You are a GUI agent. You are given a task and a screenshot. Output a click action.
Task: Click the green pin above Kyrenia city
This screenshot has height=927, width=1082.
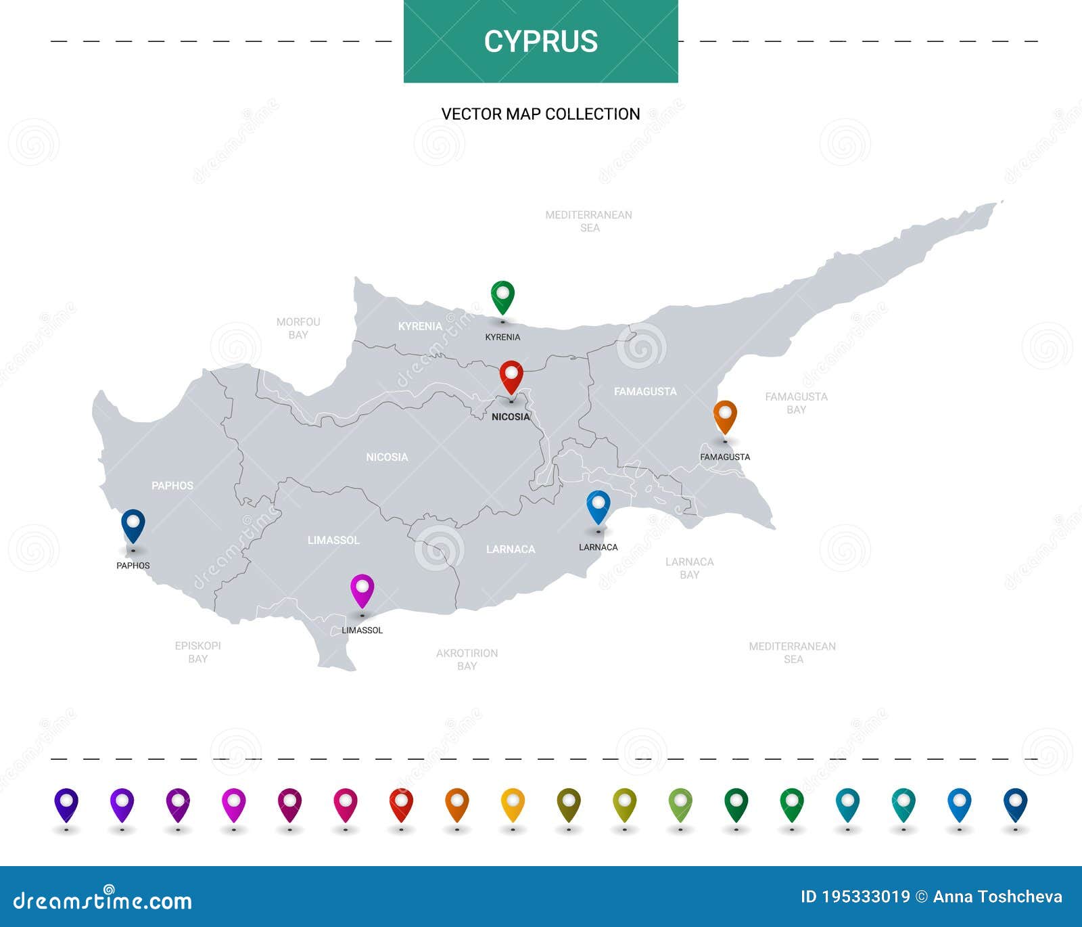502,296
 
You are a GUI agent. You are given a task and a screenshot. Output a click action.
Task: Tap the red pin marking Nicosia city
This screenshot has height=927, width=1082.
511,376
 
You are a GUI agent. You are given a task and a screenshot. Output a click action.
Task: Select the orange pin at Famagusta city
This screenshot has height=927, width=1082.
725,415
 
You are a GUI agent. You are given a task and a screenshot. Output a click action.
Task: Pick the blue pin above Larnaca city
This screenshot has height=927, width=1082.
598,505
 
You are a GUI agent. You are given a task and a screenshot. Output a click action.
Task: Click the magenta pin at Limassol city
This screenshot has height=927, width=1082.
362,589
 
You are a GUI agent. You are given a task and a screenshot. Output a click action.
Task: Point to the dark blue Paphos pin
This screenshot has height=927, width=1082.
133,524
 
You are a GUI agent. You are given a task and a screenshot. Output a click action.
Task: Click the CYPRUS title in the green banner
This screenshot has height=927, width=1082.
540,41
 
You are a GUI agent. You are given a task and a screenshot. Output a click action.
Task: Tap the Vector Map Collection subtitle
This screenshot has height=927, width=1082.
540,114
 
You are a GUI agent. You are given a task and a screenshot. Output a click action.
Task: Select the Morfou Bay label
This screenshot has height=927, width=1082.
298,328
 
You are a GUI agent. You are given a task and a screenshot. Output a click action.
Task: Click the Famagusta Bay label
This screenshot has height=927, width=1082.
796,403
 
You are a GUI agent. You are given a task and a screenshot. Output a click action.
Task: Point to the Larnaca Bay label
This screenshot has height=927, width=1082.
689,568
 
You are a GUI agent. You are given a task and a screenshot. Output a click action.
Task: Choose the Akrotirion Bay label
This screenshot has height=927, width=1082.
467,659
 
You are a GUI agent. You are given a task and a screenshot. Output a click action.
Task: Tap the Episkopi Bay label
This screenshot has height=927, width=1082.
197,652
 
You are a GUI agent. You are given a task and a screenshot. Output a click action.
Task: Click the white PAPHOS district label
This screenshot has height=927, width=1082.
172,485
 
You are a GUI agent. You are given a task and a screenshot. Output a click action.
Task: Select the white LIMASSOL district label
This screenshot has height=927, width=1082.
333,540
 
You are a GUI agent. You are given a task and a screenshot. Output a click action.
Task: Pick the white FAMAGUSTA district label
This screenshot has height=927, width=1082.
644,391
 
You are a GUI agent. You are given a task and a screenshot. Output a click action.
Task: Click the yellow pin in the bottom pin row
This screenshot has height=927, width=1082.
513,803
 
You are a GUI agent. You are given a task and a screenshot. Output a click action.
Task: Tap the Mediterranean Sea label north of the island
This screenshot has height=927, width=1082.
588,221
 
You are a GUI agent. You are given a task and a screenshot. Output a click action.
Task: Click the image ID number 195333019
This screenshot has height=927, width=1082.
866,897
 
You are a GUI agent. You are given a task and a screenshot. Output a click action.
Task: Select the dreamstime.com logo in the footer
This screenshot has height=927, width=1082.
103,900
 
